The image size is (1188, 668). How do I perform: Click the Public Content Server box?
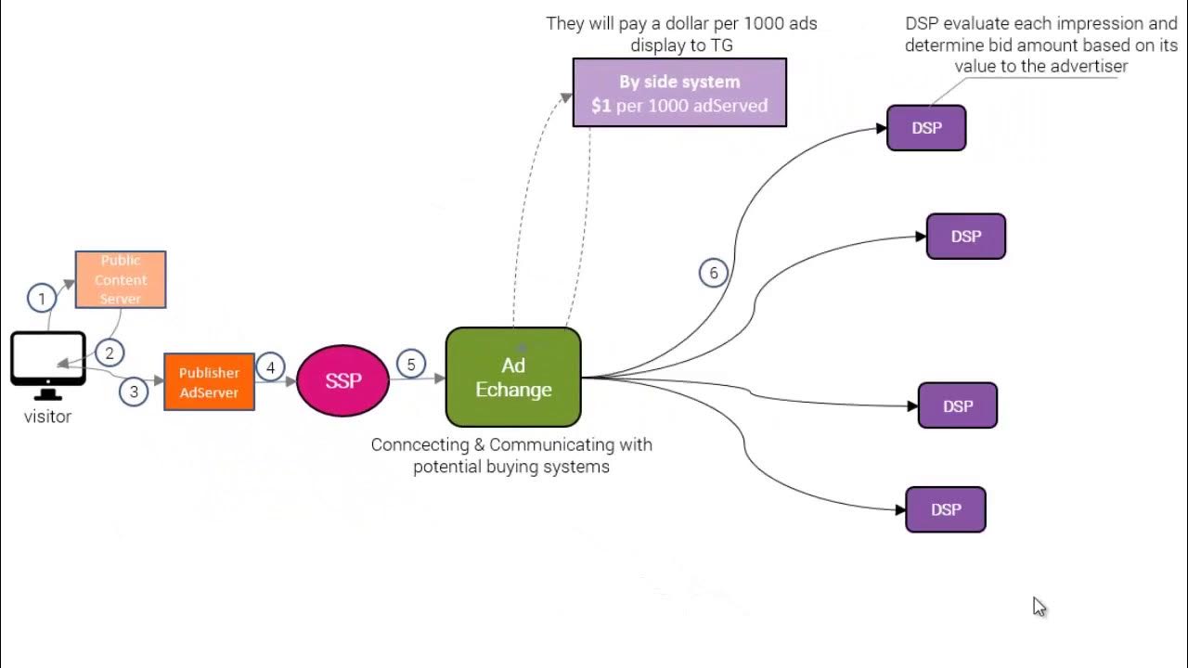121,279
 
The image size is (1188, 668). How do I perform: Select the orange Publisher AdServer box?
209,382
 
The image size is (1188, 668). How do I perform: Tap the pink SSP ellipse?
342,380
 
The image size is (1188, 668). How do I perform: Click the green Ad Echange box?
513,378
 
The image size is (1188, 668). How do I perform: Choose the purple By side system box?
679,93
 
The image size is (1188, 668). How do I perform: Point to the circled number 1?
42,299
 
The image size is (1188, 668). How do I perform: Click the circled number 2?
110,353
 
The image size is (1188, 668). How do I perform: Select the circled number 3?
134,392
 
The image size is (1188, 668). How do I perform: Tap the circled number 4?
270,367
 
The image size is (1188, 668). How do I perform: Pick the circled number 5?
411,365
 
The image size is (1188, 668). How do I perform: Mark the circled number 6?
714,273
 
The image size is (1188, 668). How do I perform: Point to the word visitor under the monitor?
47,417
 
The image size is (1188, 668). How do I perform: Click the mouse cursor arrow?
1039,607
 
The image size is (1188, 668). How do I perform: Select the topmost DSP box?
926,128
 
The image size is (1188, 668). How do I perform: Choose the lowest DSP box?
946,509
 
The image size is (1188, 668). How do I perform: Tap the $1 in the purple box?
601,106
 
